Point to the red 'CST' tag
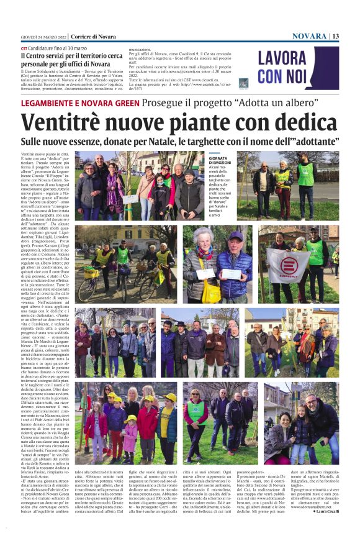pos(24,48)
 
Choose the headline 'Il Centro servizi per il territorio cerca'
pos(89,55)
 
